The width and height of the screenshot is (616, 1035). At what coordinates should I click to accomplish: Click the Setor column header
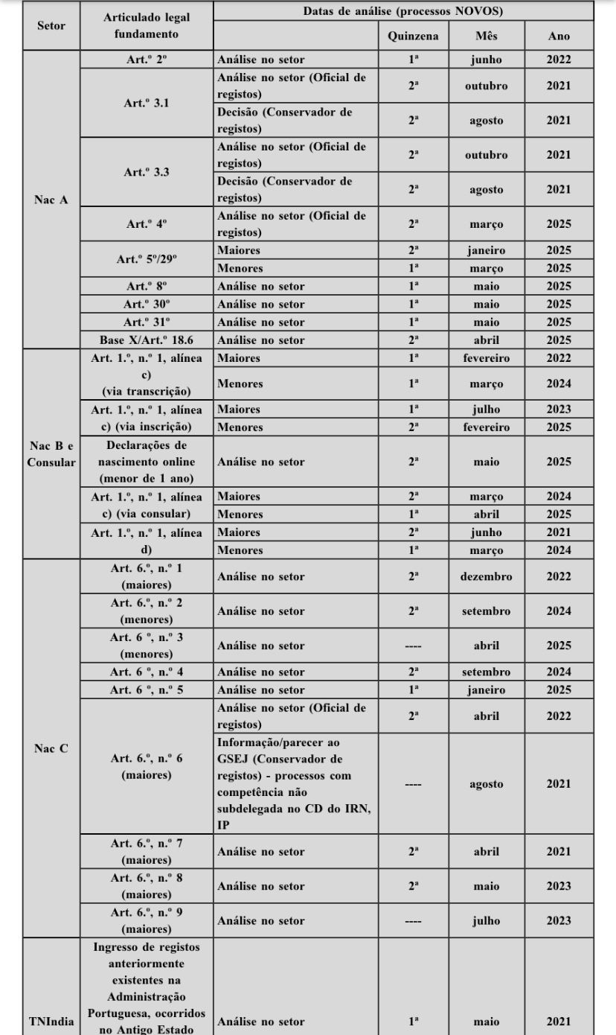[51, 26]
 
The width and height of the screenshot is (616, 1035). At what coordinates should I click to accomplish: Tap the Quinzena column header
[413, 36]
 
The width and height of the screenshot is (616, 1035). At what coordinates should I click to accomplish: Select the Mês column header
[487, 36]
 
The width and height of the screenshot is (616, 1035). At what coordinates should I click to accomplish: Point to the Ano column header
[559, 36]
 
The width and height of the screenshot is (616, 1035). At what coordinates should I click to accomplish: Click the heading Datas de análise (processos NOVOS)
[402, 11]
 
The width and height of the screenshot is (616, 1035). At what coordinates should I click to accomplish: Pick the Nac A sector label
[51, 200]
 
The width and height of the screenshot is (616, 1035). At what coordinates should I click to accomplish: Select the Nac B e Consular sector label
[51, 453]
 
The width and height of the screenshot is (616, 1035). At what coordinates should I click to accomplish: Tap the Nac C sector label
[51, 748]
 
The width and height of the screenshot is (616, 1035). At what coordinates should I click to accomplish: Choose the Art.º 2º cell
[147, 60]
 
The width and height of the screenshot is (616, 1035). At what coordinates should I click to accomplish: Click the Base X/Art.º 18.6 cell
[147, 340]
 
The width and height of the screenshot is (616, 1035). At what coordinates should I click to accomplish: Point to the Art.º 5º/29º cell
[147, 259]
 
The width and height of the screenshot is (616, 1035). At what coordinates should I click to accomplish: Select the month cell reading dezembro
[487, 576]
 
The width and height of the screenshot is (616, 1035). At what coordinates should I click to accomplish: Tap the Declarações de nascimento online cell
[147, 462]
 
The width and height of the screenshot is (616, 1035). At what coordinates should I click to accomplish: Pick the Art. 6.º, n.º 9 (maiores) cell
[147, 920]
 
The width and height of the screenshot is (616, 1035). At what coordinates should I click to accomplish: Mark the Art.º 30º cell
[147, 304]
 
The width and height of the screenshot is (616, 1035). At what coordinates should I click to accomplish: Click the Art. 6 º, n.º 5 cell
[147, 690]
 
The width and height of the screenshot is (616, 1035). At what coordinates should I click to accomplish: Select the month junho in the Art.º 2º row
[487, 60]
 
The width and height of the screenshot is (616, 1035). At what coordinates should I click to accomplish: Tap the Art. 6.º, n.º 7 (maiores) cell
[147, 851]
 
